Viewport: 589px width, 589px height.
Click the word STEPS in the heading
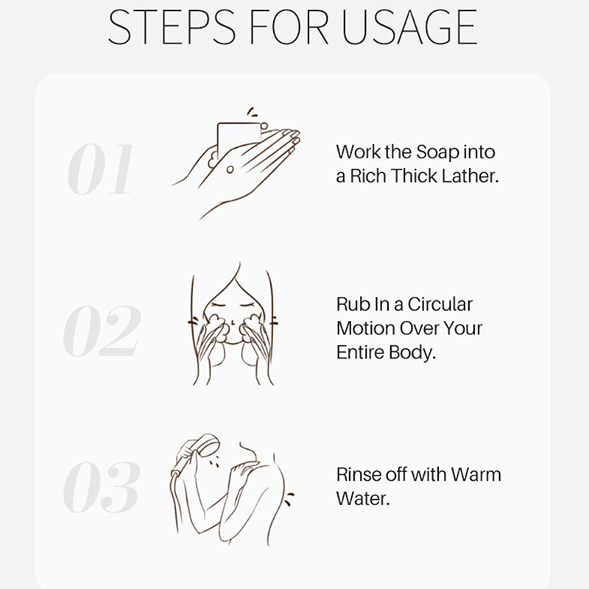[172, 27]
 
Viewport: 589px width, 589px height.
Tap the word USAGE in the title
[409, 27]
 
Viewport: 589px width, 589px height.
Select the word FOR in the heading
[289, 27]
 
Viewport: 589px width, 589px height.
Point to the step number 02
[102, 331]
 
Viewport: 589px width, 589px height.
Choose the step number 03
[102, 487]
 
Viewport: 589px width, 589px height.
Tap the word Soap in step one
[437, 152]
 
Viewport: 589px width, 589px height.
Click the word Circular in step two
[440, 304]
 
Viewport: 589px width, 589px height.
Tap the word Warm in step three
[476, 474]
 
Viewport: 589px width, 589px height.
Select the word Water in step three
[363, 499]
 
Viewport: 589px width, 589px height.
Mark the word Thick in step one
[414, 176]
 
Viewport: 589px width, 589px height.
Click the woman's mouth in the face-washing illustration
[233, 342]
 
